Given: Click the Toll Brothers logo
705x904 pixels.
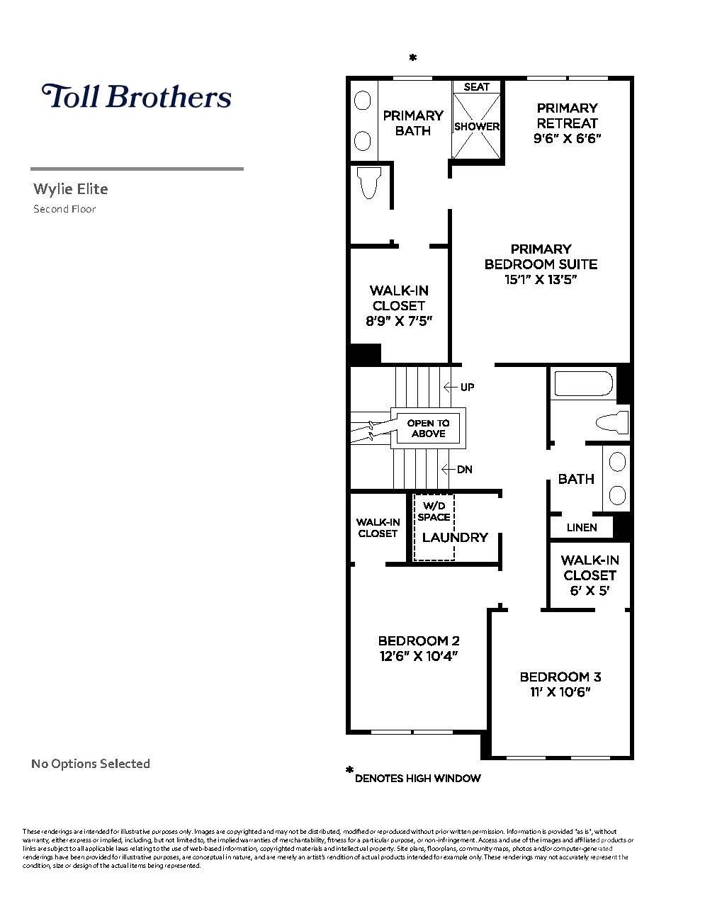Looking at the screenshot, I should point(137,96).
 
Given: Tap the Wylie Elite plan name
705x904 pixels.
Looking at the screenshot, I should point(71,189).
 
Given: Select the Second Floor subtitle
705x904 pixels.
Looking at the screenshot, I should point(64,209).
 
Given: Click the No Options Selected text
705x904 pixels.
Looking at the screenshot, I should point(91,764).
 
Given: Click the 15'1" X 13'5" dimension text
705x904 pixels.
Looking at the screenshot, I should point(541,280).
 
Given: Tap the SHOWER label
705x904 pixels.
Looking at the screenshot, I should point(477,127).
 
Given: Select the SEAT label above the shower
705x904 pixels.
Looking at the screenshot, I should point(477,87).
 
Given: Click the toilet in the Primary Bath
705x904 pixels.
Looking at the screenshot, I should point(369,183).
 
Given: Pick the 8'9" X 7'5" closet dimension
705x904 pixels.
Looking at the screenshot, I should point(398,321).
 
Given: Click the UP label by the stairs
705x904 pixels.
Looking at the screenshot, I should point(467,388).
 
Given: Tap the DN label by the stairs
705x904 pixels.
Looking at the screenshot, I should point(464,470).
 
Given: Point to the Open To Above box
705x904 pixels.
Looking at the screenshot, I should point(428,429).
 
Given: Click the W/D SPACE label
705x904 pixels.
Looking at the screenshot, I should point(434,512).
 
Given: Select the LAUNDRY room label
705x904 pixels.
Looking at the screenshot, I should point(455,538).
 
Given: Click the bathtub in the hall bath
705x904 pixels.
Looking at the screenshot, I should point(583,384).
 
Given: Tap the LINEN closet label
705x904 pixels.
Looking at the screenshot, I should point(582,528).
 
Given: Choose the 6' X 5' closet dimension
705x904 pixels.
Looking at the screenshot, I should point(590,591).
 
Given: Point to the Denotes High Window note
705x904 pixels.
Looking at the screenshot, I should point(417,779).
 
